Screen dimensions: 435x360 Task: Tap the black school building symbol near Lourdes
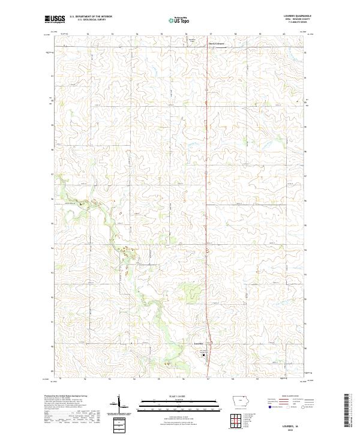pyautogui.click(x=203, y=354)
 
